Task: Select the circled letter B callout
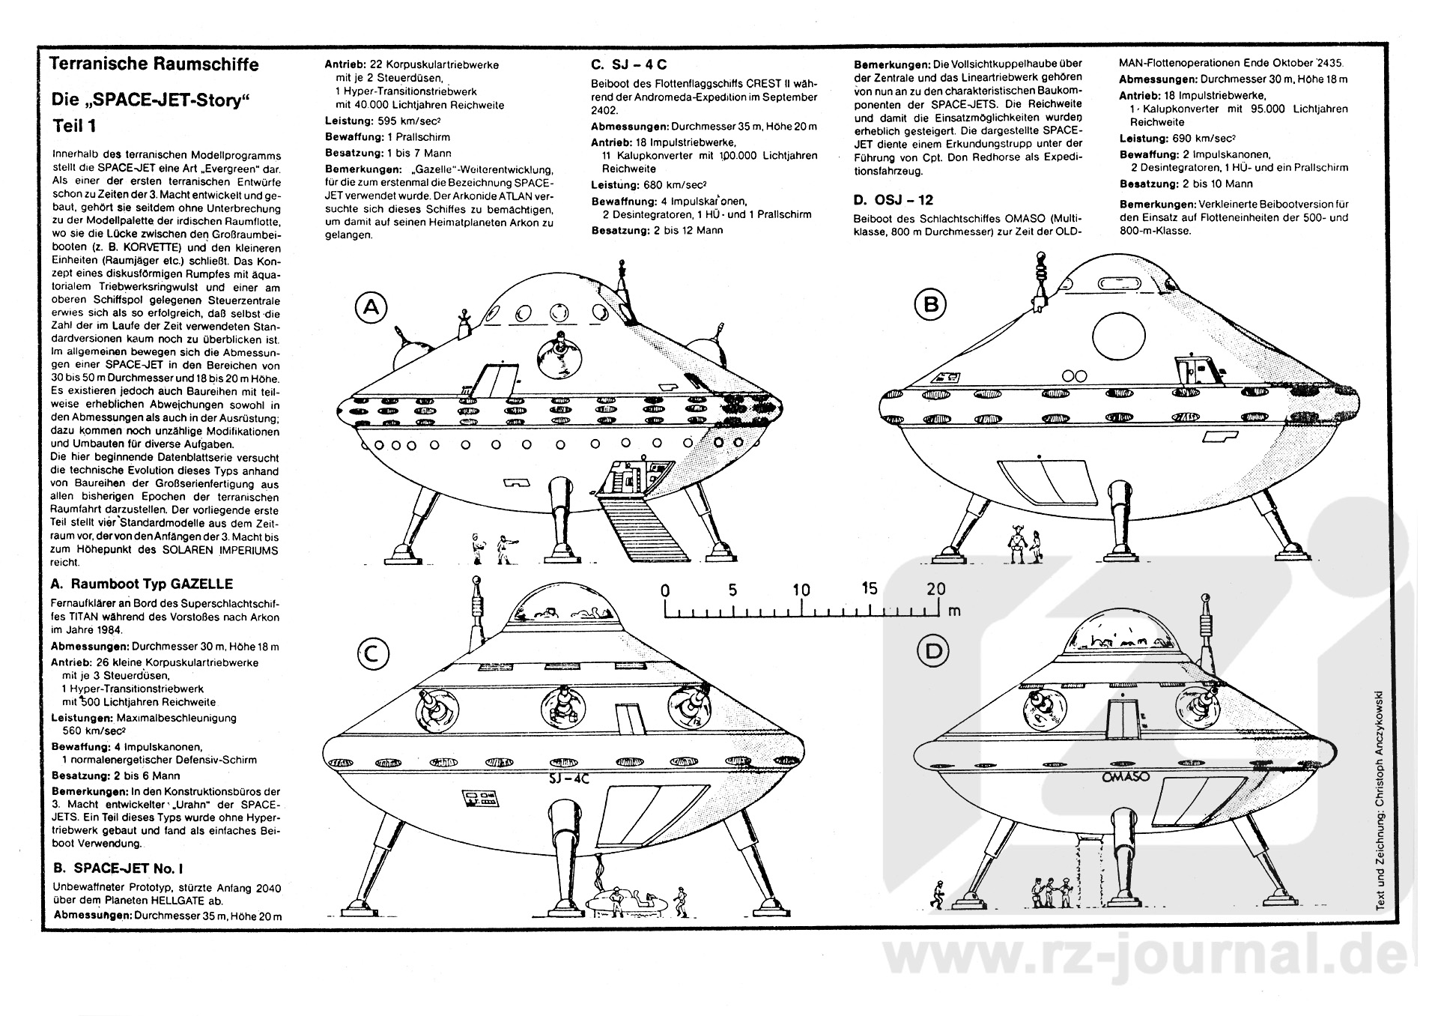pos(931,304)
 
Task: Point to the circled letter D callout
pos(933,651)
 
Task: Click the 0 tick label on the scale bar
pos(665,590)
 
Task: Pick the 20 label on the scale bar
pos(935,589)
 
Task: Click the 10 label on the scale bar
pos(801,590)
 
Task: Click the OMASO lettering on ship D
pos(1126,778)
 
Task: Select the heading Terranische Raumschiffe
pos(154,64)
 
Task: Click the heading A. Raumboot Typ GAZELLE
pos(142,584)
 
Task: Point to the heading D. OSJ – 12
pos(893,200)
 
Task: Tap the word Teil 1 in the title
pos(74,125)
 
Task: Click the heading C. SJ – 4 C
pos(629,65)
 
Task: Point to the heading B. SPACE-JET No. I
pos(118,869)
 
